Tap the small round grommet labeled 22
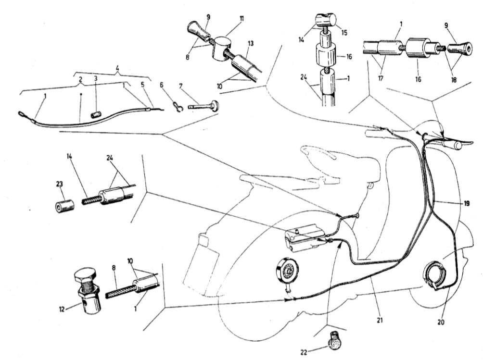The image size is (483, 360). pos(333,341)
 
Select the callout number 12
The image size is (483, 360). pos(62,309)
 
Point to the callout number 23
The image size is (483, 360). pos(60,184)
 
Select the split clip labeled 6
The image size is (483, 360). pos(178,107)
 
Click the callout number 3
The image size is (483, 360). pos(95,78)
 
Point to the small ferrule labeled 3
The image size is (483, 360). pos(96,115)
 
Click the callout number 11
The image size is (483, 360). pos(241,19)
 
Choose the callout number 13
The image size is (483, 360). pos(251,43)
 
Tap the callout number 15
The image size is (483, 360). pos(344,33)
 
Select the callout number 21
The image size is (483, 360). pos(380,320)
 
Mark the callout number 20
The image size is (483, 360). pos(441,322)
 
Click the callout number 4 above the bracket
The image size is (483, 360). pos(117,67)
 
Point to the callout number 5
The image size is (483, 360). pos(142,84)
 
